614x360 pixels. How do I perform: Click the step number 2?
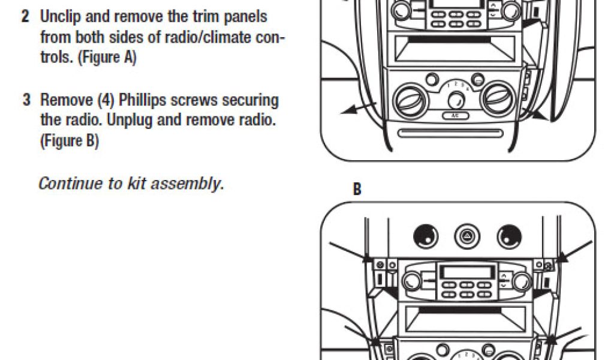(x=25, y=16)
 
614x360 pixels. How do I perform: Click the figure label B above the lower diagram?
(x=357, y=190)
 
